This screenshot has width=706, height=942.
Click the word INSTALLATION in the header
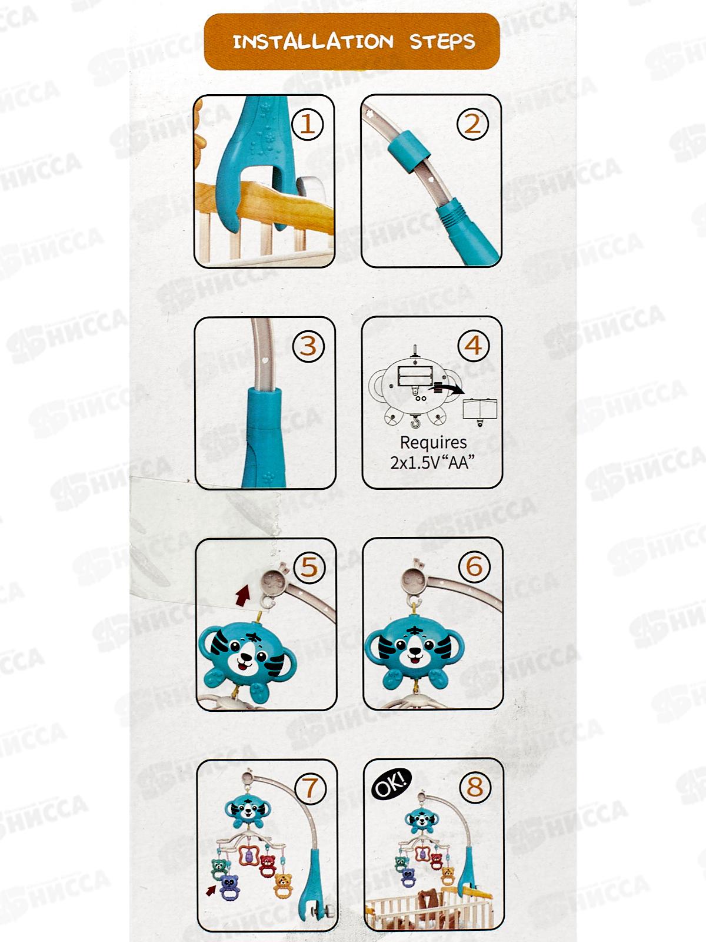tap(313, 42)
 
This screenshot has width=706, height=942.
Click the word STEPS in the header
tap(442, 42)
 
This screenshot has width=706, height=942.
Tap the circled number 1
tap(307, 124)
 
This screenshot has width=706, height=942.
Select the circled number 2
tap(473, 124)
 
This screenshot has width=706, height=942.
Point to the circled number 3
tap(309, 346)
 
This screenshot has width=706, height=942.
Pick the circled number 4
tap(474, 345)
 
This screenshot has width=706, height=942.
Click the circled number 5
tap(309, 568)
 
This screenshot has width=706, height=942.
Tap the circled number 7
tap(311, 788)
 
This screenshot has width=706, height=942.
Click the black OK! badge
tap(391, 784)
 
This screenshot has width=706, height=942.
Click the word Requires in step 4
tap(434, 443)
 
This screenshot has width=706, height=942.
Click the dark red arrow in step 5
tap(242, 595)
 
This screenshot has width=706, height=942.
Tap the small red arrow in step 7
tap(211, 891)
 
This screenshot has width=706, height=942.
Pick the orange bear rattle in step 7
tap(283, 884)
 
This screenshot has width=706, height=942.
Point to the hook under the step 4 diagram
tap(415, 422)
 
